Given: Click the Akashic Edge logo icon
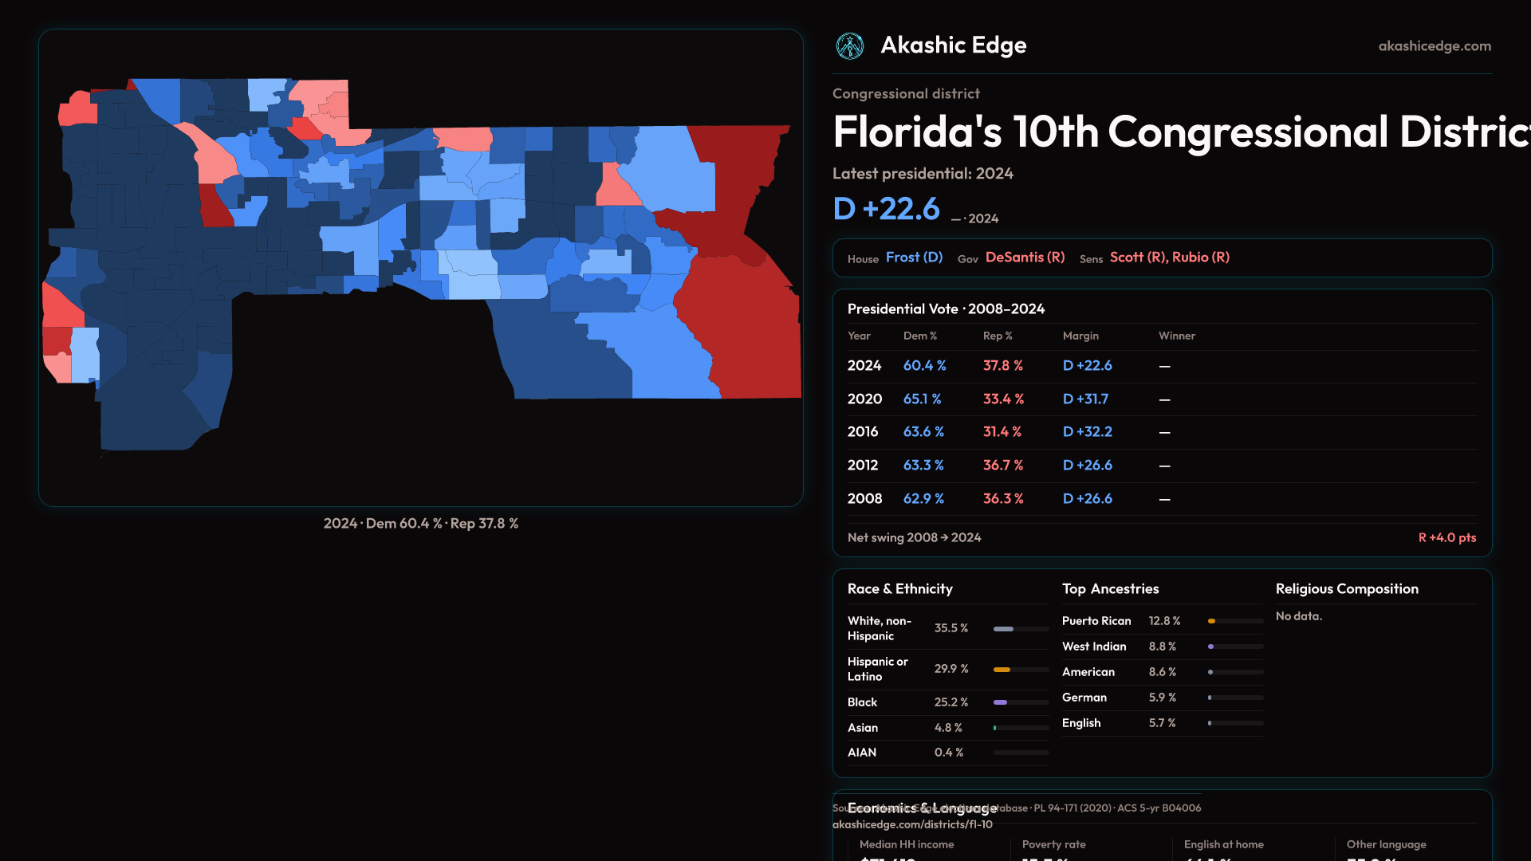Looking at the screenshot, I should [x=850, y=46].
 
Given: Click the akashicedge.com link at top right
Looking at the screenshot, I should [x=1435, y=46].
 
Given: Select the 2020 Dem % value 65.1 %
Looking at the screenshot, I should [x=922, y=399].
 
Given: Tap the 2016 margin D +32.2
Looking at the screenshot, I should [x=1087, y=431].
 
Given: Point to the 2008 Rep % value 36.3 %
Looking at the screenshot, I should [x=1002, y=498].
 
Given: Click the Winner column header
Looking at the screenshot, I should [x=1176, y=336].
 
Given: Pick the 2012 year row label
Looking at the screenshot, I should [x=862, y=465].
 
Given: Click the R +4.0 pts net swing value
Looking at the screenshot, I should [x=1446, y=537].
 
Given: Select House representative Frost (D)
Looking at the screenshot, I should [x=914, y=258].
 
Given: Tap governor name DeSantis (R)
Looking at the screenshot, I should [x=1025, y=258].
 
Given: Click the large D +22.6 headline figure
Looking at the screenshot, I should [x=886, y=209].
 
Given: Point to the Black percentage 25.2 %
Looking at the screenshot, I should [x=950, y=702].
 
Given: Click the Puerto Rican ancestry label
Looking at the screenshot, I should [x=1096, y=621].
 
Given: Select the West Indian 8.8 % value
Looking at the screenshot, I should [x=1162, y=647].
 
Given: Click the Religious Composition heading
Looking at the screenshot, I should [x=1346, y=589].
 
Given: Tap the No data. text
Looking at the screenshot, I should [x=1298, y=616].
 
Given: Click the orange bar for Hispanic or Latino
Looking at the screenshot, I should [x=1002, y=670].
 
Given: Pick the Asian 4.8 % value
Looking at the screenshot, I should [x=948, y=728].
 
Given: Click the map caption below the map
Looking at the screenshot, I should [x=420, y=524].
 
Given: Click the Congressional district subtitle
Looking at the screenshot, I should [x=906, y=94].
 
